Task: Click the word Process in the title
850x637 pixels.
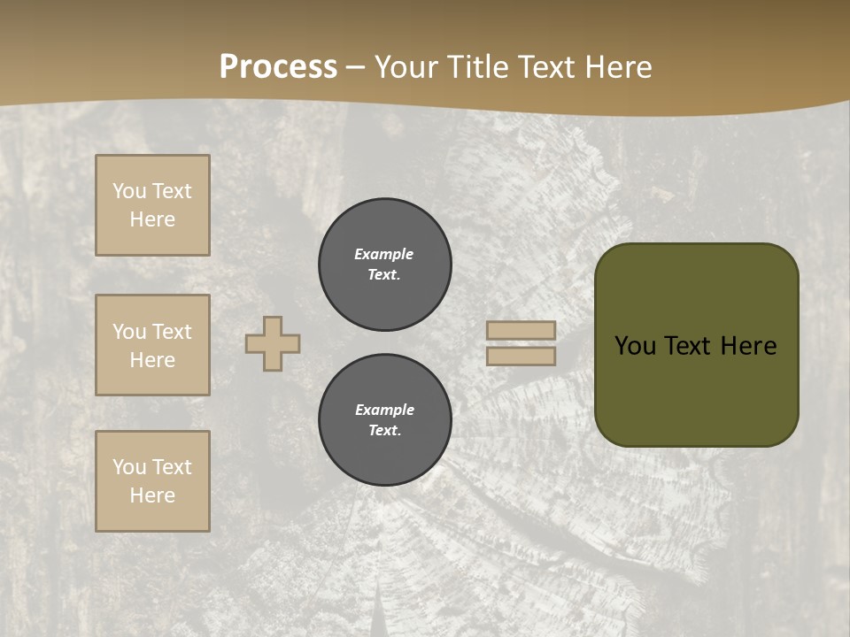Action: point(278,67)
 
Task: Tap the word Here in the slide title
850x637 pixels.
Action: point(613,67)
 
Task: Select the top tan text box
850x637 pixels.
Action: point(152,205)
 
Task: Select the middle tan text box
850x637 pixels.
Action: point(152,345)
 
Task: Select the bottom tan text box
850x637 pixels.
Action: point(152,481)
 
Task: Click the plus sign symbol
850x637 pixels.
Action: point(273,343)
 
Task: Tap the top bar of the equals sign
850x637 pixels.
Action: point(521,330)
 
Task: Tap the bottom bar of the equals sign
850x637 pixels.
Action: point(521,357)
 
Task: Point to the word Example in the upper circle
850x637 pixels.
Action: point(383,254)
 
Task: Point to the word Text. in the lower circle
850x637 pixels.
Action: point(384,430)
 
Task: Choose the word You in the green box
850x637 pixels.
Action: point(635,346)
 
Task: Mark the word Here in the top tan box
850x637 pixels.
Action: point(152,219)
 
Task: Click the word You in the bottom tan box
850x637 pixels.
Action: point(129,467)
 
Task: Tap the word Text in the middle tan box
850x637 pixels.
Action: point(172,332)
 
